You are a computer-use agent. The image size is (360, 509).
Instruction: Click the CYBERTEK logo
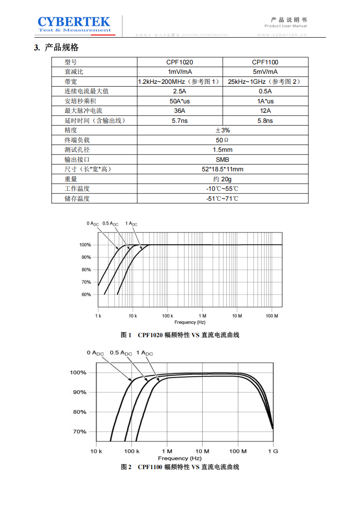[x=74, y=24]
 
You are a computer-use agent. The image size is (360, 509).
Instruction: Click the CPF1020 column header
[x=180, y=62]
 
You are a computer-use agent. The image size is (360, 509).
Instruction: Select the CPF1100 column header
[x=265, y=62]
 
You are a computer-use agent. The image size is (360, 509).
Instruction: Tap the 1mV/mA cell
[x=180, y=72]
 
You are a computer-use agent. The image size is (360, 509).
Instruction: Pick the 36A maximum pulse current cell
[x=180, y=111]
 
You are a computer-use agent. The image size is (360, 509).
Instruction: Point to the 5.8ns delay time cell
[x=265, y=121]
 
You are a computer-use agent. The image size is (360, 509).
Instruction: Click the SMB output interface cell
[x=222, y=160]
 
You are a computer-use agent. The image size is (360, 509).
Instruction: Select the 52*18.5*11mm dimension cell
[x=222, y=169]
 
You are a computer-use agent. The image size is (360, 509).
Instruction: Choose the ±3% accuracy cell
[x=222, y=130]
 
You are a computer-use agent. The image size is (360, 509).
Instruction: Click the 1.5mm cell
[x=222, y=150]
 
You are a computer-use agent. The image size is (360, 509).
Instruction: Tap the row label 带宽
[x=71, y=82]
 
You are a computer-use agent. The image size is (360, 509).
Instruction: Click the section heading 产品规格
[x=62, y=48]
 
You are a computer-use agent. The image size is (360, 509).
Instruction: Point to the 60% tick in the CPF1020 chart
[x=86, y=295]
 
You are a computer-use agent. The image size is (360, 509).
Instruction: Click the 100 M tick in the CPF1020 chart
[x=271, y=315]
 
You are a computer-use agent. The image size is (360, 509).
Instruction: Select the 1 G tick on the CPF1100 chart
[x=273, y=451]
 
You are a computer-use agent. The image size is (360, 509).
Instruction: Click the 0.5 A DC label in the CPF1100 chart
[x=121, y=353]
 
